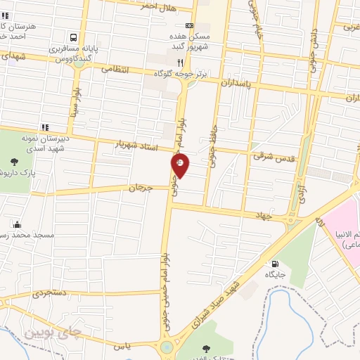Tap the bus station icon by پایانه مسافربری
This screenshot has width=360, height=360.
coord(73,37)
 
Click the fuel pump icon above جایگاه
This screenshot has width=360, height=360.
coord(273,265)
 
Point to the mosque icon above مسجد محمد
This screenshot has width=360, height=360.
coord(17,225)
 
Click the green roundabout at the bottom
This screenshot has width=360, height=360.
coord(167,347)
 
